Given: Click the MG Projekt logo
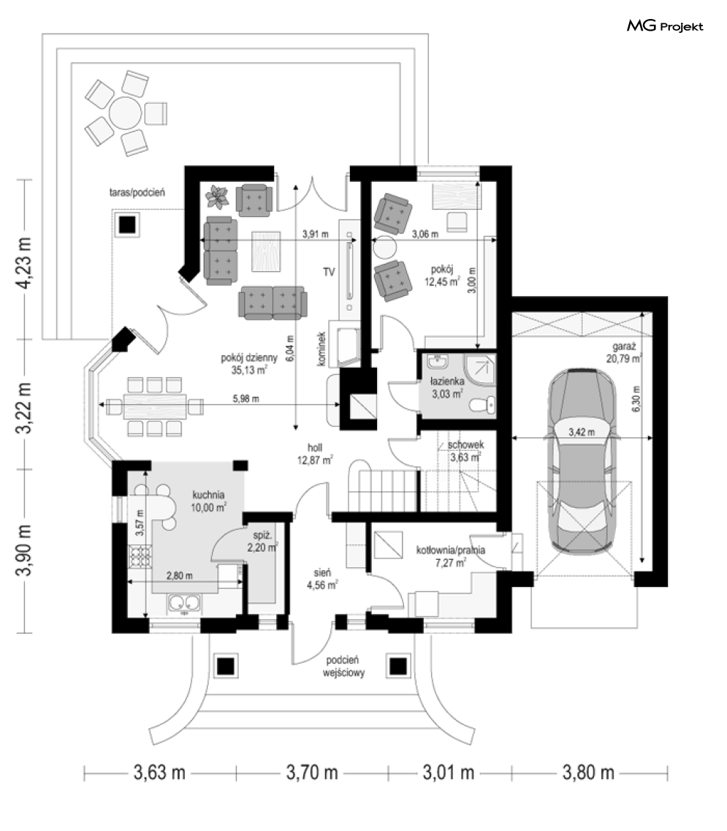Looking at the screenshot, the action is pyautogui.click(x=665, y=26).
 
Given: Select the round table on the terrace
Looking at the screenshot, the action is pyautogui.click(x=126, y=113).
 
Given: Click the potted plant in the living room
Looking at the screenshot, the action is pyautogui.click(x=217, y=197).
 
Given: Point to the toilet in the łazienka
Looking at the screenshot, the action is pyautogui.click(x=483, y=405).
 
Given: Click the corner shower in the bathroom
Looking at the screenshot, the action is pyautogui.click(x=481, y=369).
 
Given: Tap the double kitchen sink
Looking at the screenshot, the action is pyautogui.click(x=184, y=604).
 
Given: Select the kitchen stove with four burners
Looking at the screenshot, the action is pyautogui.click(x=140, y=556).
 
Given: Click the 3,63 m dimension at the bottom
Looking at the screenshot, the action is pyautogui.click(x=159, y=773).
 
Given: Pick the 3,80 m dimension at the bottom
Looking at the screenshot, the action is pyautogui.click(x=588, y=773).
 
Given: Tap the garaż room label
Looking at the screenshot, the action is pyautogui.click(x=624, y=346).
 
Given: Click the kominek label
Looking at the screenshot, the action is pyautogui.click(x=321, y=349).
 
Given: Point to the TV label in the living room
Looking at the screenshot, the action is pyautogui.click(x=329, y=272).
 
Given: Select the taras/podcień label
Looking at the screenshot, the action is pyautogui.click(x=137, y=192).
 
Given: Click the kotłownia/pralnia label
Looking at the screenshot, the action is pyautogui.click(x=450, y=550).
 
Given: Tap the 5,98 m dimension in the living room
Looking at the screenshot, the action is pyautogui.click(x=246, y=398).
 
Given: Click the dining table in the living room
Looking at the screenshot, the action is pyautogui.click(x=155, y=406).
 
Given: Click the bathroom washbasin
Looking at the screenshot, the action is pyautogui.click(x=438, y=362).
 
